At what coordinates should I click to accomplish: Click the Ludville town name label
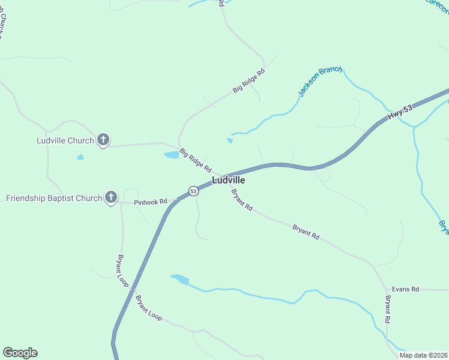point(228,180)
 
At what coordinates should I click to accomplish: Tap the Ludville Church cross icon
point(103,140)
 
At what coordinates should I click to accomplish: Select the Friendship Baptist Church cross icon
point(110,197)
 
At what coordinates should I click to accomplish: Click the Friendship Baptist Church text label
point(54,198)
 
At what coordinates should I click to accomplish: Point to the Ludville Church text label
point(65,141)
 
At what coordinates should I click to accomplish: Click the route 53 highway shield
point(193,191)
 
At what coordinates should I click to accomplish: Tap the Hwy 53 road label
point(400,112)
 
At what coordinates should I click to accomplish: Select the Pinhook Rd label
point(150,202)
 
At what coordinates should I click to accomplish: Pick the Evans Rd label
point(405,289)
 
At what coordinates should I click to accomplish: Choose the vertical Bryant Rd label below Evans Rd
point(388,310)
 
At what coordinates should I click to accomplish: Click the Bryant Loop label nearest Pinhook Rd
point(122,270)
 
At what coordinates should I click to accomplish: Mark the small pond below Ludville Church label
point(80,157)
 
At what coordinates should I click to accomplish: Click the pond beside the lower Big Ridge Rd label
point(172,155)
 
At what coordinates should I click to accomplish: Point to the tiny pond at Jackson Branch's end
point(229,141)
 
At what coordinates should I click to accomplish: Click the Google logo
point(20,353)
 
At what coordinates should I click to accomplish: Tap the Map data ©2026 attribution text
point(423,355)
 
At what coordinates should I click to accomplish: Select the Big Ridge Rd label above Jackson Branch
point(249,82)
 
